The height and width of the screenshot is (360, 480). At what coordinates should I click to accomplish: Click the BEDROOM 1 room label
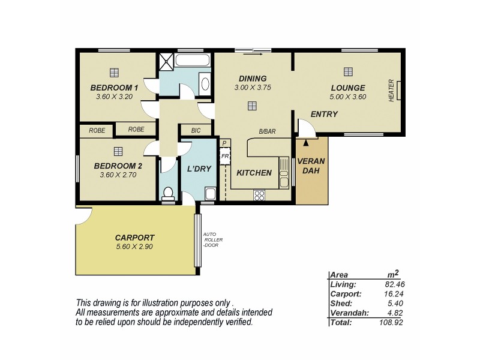point(114,88)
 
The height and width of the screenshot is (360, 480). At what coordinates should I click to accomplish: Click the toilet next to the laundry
point(169,194)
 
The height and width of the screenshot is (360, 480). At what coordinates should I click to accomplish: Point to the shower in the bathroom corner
point(165,61)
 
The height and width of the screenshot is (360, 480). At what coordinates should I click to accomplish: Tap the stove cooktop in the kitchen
point(260,194)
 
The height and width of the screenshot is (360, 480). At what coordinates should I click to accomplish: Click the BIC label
point(196,130)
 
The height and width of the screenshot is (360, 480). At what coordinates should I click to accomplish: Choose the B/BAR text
point(267,132)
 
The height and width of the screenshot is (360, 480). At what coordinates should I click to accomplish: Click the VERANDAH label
point(311,166)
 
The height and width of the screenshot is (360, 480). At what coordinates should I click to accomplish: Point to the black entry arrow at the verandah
point(307,143)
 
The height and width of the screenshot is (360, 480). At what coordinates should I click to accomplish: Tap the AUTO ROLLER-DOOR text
point(212,239)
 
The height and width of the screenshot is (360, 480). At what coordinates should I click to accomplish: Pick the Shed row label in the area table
point(340,304)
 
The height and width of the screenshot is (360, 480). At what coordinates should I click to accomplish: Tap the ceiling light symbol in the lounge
point(348,72)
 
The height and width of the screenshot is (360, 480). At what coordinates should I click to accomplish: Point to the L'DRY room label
point(199,169)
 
